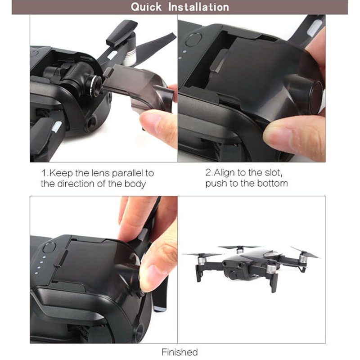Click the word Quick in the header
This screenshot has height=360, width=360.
click(146, 7)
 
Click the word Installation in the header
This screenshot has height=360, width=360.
click(198, 7)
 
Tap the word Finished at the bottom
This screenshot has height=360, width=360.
click(180, 352)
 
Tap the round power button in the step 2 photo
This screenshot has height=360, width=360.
click(193, 40)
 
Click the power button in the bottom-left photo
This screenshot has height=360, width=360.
click(49, 248)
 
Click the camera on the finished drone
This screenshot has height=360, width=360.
click(232, 274)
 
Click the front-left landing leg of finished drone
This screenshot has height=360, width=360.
click(198, 274)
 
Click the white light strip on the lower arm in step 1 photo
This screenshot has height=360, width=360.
click(57, 127)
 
